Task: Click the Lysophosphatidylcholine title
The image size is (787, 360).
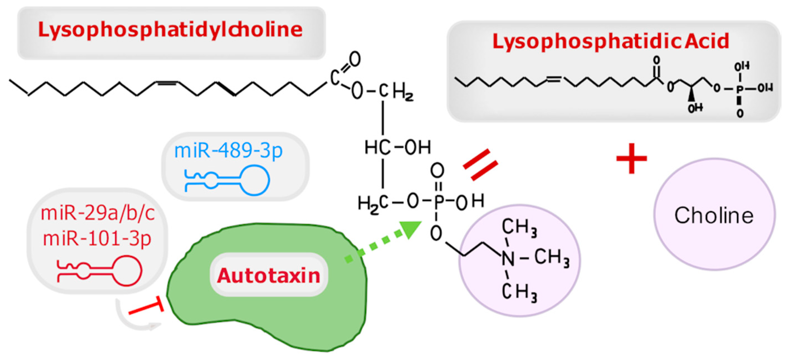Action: click(x=170, y=30)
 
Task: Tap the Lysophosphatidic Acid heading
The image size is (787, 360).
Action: click(x=611, y=42)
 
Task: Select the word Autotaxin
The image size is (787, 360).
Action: click(x=268, y=275)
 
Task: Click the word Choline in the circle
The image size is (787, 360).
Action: click(x=714, y=215)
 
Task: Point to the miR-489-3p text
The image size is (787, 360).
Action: click(x=228, y=151)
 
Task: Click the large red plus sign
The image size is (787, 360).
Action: click(x=632, y=158)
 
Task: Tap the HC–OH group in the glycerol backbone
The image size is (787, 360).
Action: click(x=397, y=148)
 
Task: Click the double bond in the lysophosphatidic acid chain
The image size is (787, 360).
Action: click(x=554, y=79)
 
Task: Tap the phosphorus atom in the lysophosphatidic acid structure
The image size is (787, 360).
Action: click(x=739, y=89)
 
